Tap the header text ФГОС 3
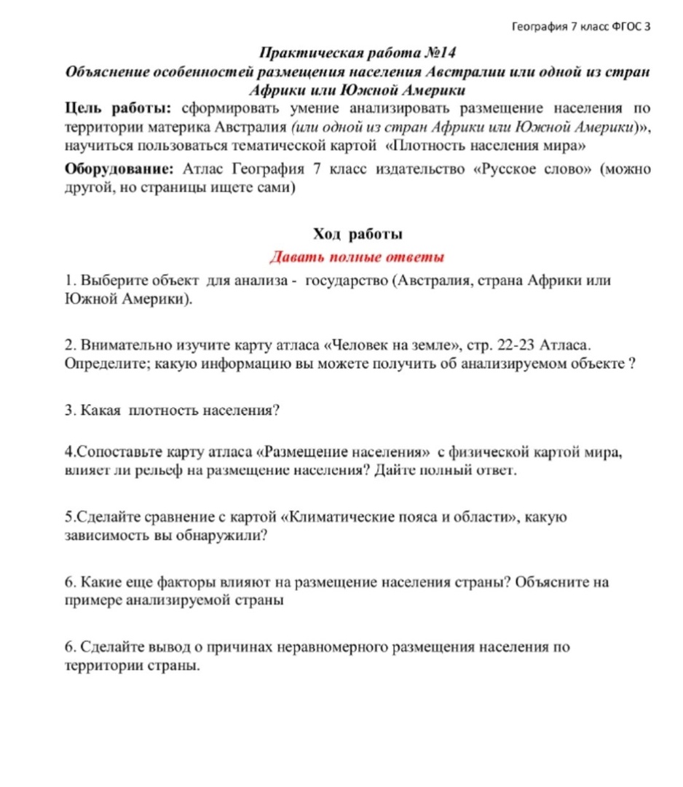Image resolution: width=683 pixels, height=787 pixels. point(626,27)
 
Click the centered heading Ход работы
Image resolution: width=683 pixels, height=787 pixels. point(358,234)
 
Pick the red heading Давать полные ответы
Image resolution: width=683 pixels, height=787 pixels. point(357,257)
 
